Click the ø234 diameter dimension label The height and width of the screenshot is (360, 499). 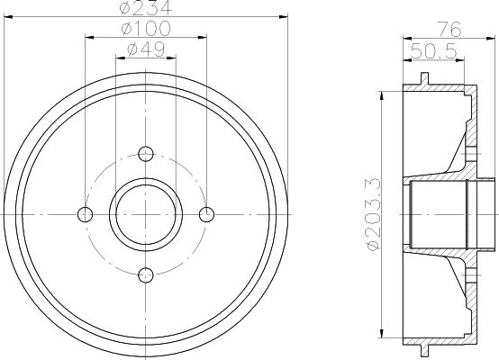[x=146, y=7]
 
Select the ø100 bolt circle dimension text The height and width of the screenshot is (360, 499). [x=146, y=29]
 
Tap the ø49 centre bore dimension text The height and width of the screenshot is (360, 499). [x=146, y=49]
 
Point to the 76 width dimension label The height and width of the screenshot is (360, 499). [x=449, y=30]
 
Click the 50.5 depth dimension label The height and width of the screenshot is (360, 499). [x=434, y=51]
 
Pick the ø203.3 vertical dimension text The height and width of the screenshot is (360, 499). [x=373, y=214]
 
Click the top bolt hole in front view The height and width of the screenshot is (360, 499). [x=146, y=154]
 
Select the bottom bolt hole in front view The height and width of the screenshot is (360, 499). [x=146, y=275]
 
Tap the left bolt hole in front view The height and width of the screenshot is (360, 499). [x=85, y=214]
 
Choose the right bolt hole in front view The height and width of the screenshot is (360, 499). [x=206, y=214]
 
